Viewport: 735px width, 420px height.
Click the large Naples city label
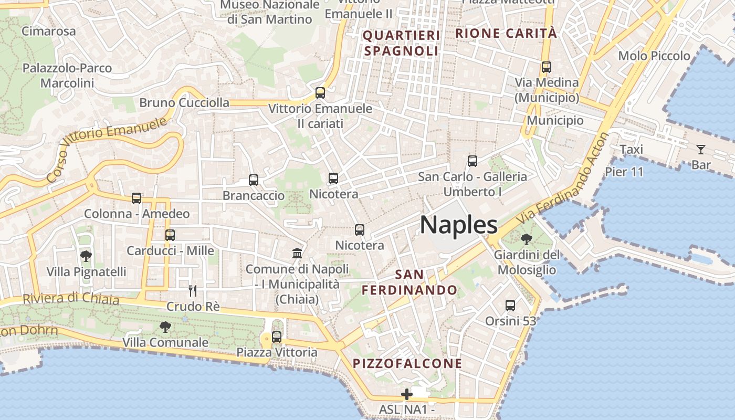[x=458, y=225]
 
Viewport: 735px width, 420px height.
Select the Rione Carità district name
[x=506, y=33]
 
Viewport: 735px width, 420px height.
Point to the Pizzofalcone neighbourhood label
[x=407, y=363]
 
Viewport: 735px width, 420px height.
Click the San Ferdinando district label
[x=409, y=282]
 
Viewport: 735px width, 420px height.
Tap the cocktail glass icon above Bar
[x=700, y=150]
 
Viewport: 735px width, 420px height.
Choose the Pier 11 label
[x=624, y=172]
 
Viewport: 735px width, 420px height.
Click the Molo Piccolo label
[x=654, y=56]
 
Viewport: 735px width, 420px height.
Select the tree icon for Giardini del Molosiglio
[x=526, y=239]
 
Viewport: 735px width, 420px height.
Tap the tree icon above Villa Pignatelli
[x=86, y=256]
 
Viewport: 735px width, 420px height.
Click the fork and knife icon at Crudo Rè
[x=193, y=290]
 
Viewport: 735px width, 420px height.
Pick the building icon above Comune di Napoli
[x=297, y=254]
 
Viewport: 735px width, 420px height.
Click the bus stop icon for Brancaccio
[x=254, y=180]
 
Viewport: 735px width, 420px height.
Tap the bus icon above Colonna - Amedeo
[x=136, y=198]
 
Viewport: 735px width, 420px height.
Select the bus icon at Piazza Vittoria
[x=277, y=337]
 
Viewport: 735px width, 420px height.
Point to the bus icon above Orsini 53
[x=510, y=305]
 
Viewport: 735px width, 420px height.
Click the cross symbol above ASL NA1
[x=407, y=394]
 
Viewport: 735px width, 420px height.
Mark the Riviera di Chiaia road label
[x=71, y=298]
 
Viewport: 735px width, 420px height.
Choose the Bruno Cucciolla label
[x=184, y=102]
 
